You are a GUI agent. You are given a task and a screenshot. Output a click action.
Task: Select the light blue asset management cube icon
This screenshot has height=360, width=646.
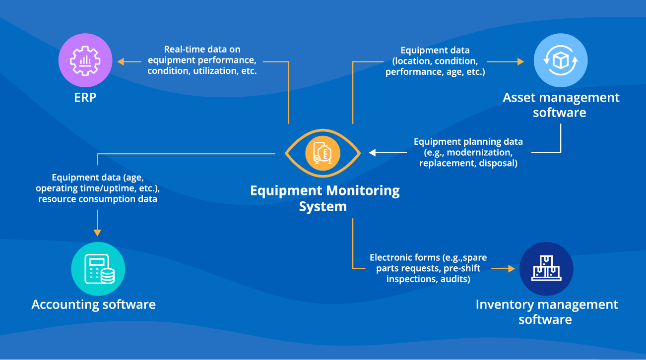pos(561,61)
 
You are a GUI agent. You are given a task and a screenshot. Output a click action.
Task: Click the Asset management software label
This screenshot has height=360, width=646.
pos(561,105)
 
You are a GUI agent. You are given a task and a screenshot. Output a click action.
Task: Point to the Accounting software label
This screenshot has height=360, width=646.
pos(94,304)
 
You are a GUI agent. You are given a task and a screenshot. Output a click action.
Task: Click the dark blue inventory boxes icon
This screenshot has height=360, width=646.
pos(546,269)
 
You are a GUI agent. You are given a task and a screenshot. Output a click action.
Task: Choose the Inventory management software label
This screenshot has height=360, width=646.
pos(546,311)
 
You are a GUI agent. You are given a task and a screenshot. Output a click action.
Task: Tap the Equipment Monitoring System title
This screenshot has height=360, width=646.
pos(324,198)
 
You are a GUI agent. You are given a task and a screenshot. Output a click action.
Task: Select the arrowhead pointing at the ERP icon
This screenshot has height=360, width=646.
pos(121,61)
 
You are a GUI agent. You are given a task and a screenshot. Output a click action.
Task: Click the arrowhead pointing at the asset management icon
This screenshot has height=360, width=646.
pos(520,61)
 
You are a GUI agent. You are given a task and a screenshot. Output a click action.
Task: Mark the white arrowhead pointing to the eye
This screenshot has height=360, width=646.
pos(372,153)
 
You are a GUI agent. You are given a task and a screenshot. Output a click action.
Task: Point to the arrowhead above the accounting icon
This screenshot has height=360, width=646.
pos(97,232)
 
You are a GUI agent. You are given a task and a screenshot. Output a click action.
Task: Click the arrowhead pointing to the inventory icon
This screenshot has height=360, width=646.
pos(511,268)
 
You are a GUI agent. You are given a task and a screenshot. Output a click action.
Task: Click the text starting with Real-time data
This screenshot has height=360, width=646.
pos(202,60)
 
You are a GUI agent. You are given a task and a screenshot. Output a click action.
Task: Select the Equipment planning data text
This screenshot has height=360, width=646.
pos(468,152)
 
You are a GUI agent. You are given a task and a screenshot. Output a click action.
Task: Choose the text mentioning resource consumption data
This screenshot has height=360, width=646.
pos(98,188)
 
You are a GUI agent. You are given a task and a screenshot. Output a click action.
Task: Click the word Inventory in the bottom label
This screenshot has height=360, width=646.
pos(506,304)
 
